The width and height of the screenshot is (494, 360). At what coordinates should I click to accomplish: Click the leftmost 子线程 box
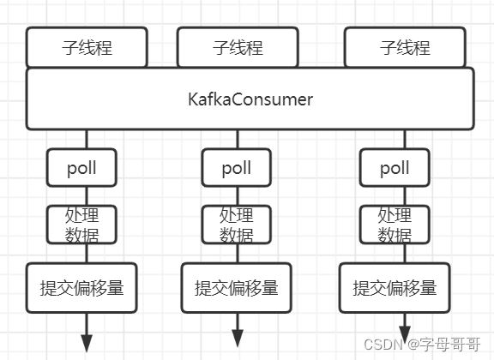point(87,47)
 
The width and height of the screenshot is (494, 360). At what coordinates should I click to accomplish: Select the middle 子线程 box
point(238,47)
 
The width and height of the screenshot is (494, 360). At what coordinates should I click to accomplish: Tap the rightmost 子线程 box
point(405,47)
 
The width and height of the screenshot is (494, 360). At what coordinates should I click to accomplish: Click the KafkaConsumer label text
point(250,99)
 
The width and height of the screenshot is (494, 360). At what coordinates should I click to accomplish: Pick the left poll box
point(81,167)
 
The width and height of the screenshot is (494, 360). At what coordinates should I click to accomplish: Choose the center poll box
point(237,167)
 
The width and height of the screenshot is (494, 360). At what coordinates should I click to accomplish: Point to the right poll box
point(395,167)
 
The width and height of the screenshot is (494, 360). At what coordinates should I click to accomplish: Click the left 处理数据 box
point(81,225)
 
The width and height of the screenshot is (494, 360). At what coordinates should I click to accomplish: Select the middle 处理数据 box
point(237,225)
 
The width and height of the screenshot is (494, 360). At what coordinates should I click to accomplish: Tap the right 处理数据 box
point(395,225)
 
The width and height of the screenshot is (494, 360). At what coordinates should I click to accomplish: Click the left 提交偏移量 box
point(81,288)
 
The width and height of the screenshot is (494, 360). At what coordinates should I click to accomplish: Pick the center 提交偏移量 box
point(237,288)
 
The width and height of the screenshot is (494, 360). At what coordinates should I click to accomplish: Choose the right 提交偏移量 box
point(395,288)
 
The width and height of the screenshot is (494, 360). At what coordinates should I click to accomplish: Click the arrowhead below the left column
point(87,344)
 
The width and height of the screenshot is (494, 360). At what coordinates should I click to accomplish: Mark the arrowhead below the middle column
point(238,339)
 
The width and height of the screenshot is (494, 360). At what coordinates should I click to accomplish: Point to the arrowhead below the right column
point(405,335)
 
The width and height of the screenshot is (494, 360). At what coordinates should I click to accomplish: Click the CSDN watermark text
point(422,344)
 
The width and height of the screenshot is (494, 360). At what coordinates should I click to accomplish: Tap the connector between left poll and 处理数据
point(87,196)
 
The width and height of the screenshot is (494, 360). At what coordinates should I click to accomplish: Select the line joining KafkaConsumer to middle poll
point(238,139)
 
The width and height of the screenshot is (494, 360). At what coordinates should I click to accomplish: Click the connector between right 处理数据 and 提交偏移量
point(405,253)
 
